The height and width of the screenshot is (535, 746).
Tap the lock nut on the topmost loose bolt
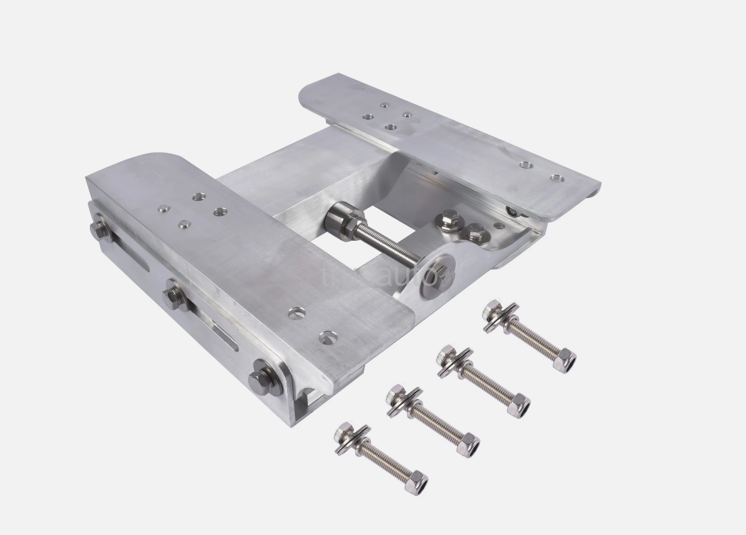tap(565, 360)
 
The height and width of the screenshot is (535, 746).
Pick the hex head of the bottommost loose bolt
tap(344, 432)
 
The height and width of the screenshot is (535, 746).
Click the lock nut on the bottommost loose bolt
tap(417, 483)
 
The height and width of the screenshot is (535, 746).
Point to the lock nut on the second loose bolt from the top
tap(519, 406)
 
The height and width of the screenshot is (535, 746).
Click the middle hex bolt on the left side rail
tap(174, 297)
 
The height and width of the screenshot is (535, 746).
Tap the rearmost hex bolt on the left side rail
tap(100, 229)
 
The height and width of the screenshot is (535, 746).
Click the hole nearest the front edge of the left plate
tap(329, 337)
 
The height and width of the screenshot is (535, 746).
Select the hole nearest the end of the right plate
tap(557, 177)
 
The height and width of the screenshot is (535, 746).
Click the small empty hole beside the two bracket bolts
tap(499, 226)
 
